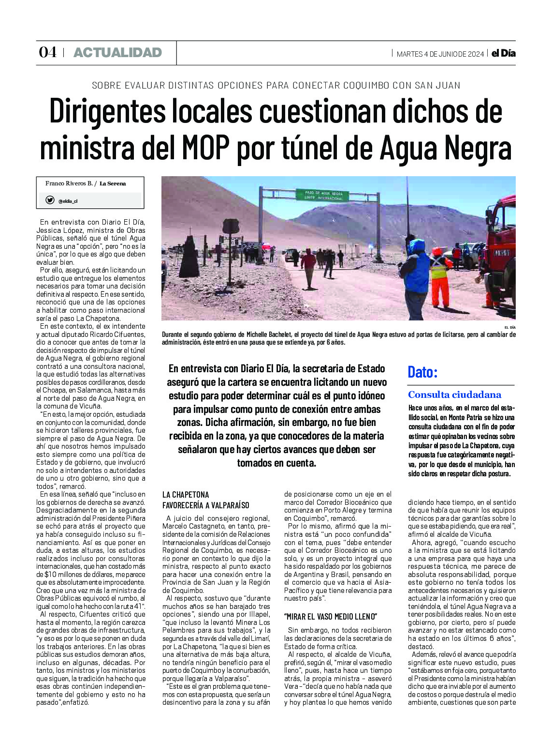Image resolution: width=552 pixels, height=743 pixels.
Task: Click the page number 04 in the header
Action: point(47,52)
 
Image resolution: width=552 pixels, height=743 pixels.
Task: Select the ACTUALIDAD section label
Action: point(117,53)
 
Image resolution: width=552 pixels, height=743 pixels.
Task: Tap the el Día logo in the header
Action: point(503,53)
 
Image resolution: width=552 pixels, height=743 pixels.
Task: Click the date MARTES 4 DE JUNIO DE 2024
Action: point(440,54)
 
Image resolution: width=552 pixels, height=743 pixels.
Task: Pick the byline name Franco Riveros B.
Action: point(69,183)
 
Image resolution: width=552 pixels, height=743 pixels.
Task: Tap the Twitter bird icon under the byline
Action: point(50,200)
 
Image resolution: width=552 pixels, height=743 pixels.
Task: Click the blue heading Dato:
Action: point(422,372)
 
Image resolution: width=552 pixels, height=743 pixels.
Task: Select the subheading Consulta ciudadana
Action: point(454,394)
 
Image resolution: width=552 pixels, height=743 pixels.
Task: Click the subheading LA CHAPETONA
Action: point(186,495)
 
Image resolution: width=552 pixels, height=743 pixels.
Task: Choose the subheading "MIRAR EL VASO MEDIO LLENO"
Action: point(330,617)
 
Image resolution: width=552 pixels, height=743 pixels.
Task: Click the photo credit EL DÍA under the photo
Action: point(509,328)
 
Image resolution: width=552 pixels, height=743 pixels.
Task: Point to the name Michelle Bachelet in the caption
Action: point(267,334)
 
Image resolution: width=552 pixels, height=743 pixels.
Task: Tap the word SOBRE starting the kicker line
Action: point(106,86)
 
